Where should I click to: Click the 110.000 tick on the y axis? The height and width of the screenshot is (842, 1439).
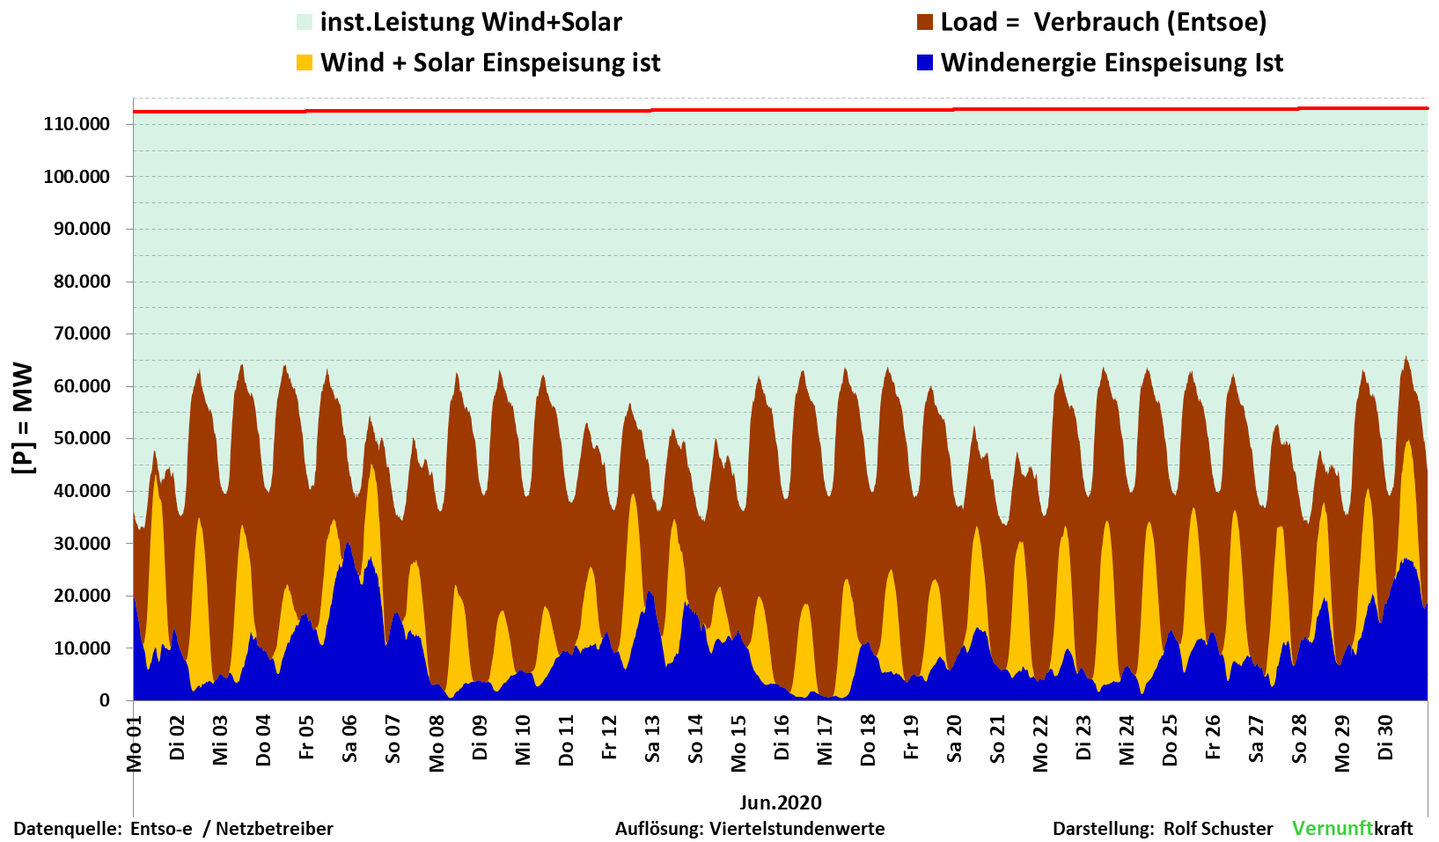[77, 124]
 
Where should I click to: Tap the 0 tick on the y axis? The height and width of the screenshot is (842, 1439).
[105, 700]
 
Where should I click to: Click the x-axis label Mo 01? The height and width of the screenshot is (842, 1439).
[135, 744]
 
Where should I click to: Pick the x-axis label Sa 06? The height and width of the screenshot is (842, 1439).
[350, 739]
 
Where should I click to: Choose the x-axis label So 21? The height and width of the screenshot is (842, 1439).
[997, 739]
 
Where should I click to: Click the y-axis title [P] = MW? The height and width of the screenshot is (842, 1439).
[24, 418]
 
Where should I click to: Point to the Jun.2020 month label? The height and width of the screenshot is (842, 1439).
[781, 802]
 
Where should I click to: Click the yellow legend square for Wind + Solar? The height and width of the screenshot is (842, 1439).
[305, 63]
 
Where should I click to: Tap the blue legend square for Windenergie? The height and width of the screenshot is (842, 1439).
[925, 63]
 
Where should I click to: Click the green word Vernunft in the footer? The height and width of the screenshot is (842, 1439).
[1333, 828]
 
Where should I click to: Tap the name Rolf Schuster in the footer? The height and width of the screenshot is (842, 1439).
[1218, 829]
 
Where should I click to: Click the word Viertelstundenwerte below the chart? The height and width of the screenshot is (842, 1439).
[797, 829]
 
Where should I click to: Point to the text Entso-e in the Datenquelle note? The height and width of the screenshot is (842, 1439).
[161, 829]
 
